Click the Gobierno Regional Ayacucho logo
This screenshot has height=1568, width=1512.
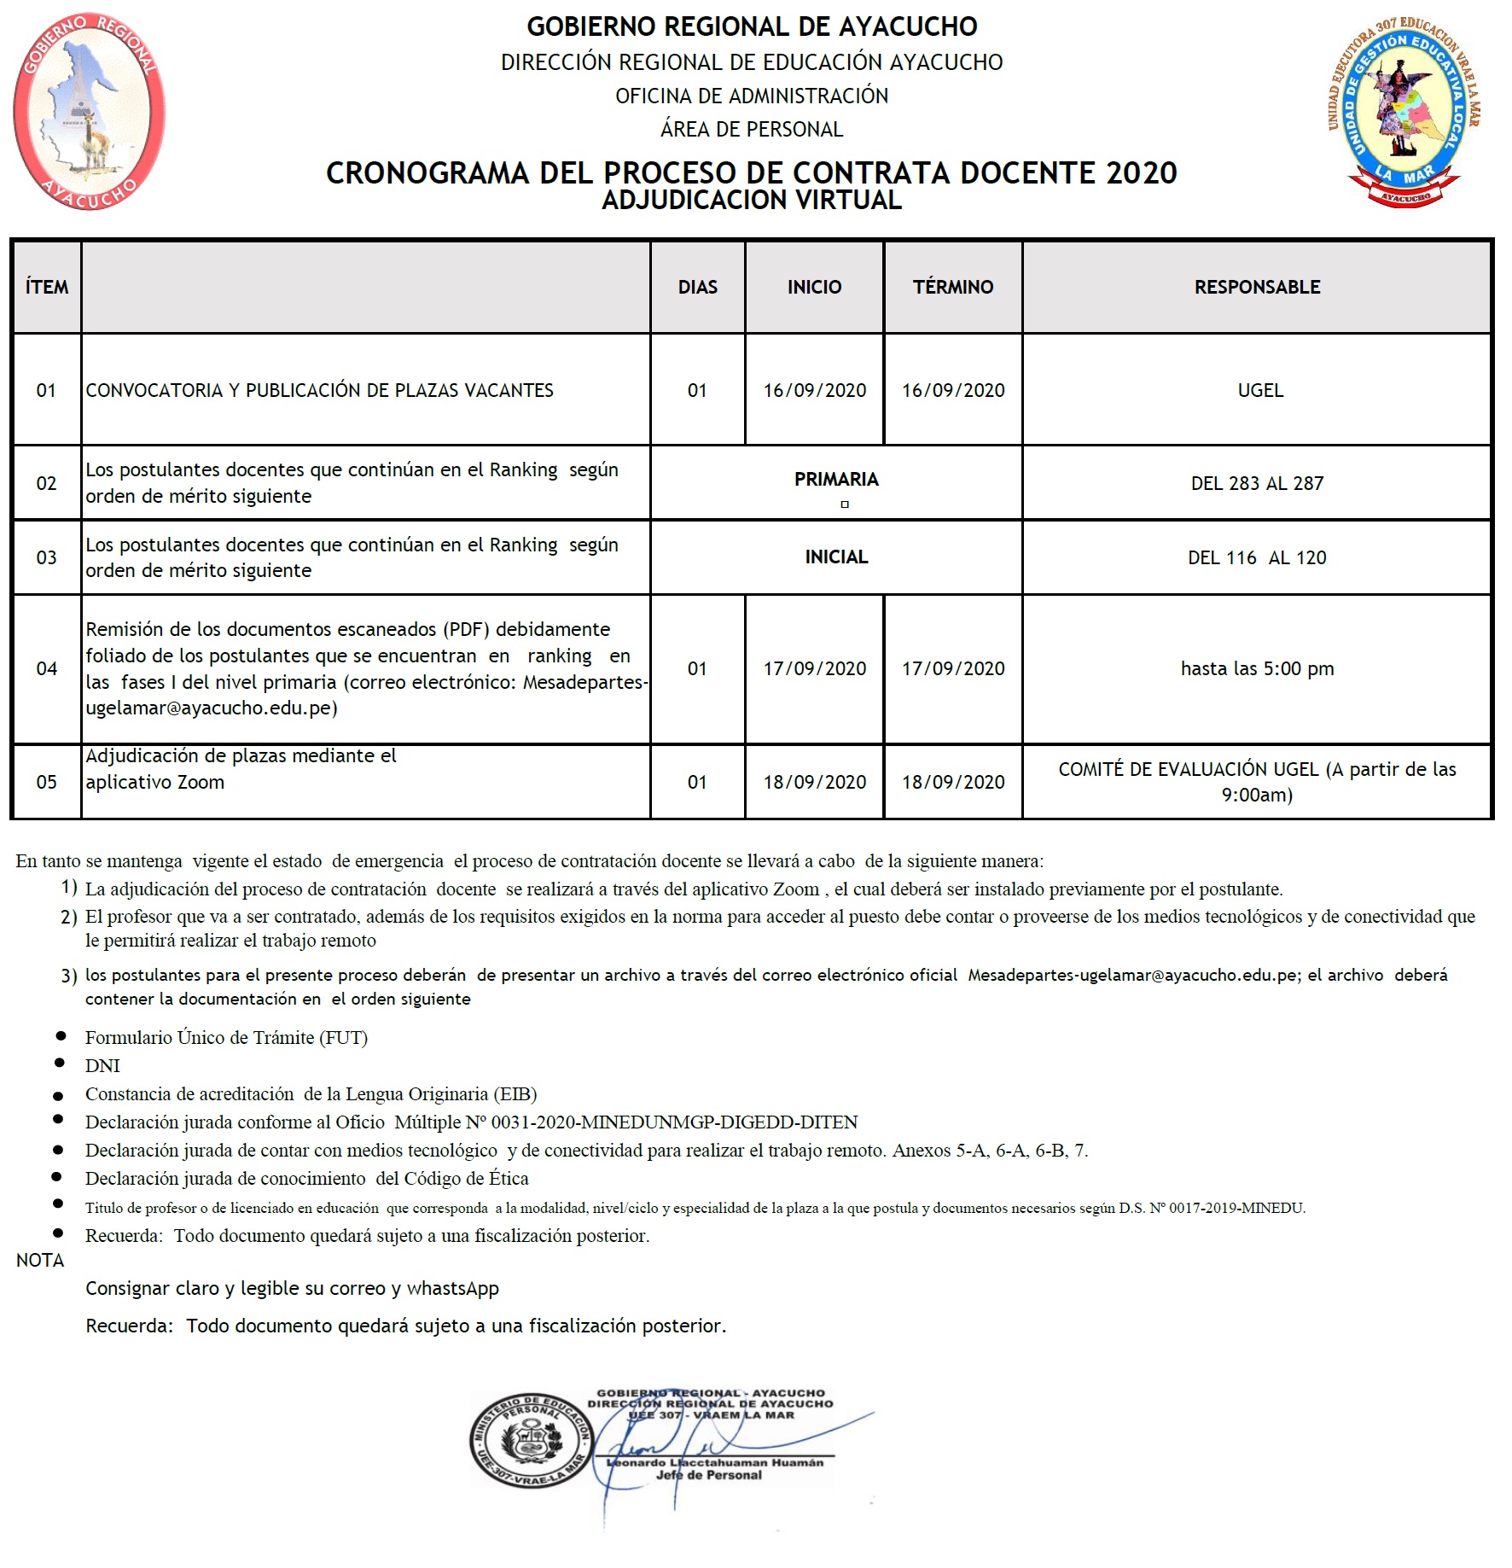point(89,112)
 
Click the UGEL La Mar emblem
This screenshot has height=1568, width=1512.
point(1404,112)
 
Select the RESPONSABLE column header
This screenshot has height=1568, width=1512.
point(1257,287)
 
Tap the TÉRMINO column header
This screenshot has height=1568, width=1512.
point(953,287)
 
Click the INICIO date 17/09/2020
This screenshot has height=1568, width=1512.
point(814,668)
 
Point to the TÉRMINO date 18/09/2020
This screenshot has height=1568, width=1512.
point(953,782)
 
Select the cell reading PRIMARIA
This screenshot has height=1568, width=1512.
point(836,480)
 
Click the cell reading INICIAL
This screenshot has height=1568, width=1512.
point(836,557)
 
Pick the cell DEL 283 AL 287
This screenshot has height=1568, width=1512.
point(1257,483)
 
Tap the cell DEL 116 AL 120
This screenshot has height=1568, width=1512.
point(1257,557)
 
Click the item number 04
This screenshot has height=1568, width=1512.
point(46,668)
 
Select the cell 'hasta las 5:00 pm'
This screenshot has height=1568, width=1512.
point(1257,668)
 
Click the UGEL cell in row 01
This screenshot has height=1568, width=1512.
point(1259,390)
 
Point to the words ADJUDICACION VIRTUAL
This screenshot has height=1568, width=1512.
point(752,201)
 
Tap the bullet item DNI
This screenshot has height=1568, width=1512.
point(102,1065)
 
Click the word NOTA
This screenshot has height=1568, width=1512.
point(40,1260)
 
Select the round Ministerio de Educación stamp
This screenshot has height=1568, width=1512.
point(530,1441)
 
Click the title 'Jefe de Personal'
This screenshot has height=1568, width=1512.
point(708,1475)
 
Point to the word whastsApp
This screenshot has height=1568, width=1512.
point(452,1288)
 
